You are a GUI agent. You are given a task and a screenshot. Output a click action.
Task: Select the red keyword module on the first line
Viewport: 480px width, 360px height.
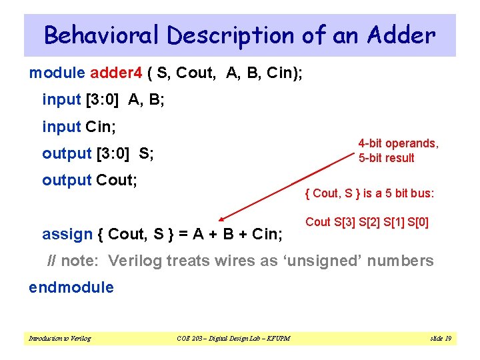click(x=57, y=73)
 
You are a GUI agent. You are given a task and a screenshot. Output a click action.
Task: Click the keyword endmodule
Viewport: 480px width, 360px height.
click(x=71, y=287)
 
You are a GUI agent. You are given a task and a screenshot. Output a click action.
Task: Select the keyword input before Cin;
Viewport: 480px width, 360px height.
click(x=61, y=126)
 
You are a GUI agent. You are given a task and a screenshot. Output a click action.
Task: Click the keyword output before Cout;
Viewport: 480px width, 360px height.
click(x=67, y=180)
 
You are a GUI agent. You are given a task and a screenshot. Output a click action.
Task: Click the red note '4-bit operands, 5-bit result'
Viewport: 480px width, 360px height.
click(x=398, y=151)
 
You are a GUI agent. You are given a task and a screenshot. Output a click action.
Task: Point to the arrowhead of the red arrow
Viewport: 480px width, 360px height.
click(x=222, y=217)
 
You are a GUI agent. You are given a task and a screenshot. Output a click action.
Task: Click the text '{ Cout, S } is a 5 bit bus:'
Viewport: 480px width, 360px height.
click(x=369, y=193)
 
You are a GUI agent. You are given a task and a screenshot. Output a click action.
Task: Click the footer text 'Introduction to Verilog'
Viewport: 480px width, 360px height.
click(x=59, y=339)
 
